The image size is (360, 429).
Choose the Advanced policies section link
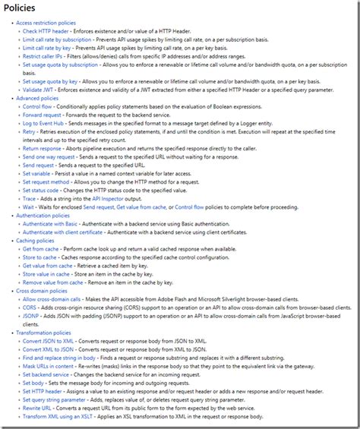point(37,99)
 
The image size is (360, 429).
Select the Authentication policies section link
point(43,216)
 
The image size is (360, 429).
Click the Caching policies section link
point(36,240)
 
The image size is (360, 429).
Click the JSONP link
point(31,315)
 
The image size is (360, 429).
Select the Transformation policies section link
point(43,332)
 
